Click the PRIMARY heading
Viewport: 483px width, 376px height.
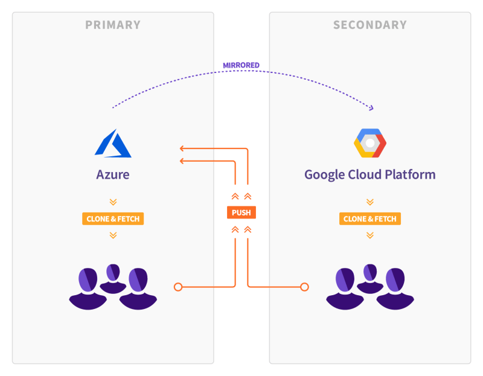click(113, 25)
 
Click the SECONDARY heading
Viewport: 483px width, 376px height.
click(370, 25)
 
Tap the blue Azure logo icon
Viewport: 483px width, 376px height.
click(113, 143)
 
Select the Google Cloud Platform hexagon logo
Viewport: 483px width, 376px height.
click(370, 143)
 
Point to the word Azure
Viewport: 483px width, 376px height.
click(113, 175)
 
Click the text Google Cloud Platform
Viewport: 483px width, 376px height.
click(370, 175)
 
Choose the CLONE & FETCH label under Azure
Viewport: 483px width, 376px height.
click(113, 218)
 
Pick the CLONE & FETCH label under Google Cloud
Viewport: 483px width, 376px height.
click(370, 218)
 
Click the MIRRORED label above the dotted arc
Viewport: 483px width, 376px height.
click(241, 65)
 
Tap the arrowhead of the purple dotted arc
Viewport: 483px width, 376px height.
click(371, 108)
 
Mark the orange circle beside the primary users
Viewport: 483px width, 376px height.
click(178, 287)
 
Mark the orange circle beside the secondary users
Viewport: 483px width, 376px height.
click(305, 287)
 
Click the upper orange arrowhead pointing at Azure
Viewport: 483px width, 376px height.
click(182, 148)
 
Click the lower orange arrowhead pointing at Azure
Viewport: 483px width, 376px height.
click(182, 161)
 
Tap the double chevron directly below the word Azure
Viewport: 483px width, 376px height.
click(113, 202)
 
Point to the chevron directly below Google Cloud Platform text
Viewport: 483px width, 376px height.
click(370, 202)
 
